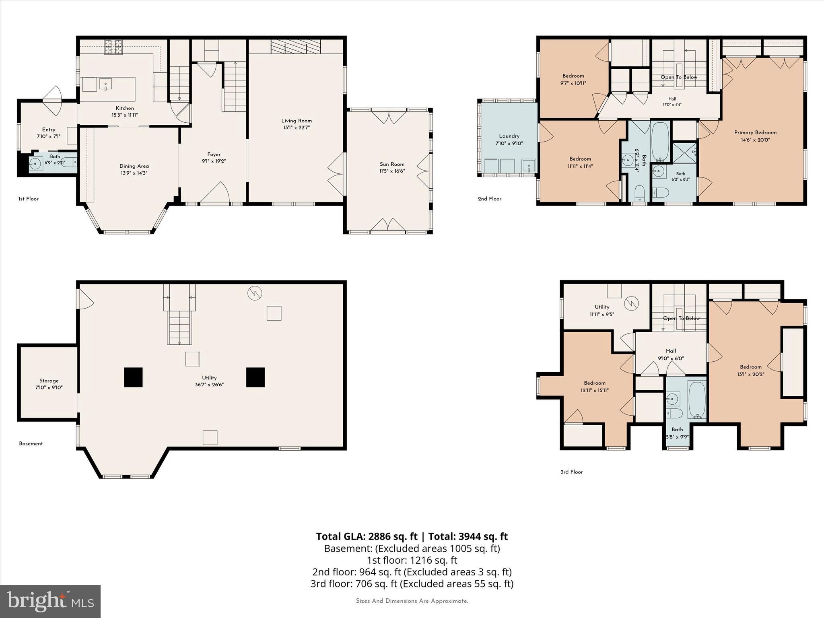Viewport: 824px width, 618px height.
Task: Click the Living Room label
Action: [297, 121]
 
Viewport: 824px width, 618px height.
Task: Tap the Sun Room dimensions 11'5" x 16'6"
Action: [392, 171]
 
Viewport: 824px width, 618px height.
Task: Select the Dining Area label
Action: [134, 166]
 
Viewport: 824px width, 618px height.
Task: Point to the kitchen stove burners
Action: [113, 47]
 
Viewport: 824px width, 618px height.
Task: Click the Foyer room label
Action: [214, 154]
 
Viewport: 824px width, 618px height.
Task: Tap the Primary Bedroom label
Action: [755, 133]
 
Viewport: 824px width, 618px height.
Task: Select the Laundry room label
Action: [509, 136]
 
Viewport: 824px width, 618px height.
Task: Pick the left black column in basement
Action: [133, 377]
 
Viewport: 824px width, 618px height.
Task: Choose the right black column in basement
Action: [255, 377]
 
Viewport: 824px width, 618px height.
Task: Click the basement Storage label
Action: [49, 381]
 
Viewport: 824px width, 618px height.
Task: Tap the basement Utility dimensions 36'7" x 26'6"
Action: [209, 384]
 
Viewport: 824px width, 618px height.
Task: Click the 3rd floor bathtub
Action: [697, 400]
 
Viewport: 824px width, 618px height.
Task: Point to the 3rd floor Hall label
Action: [671, 351]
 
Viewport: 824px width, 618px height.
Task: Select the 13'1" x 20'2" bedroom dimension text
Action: [751, 374]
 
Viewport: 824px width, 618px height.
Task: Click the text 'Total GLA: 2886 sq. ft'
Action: [367, 536]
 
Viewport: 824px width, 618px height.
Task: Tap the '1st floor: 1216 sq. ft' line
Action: [412, 560]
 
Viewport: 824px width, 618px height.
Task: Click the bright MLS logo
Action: [50, 602]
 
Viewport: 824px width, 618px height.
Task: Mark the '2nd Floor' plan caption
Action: [490, 199]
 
